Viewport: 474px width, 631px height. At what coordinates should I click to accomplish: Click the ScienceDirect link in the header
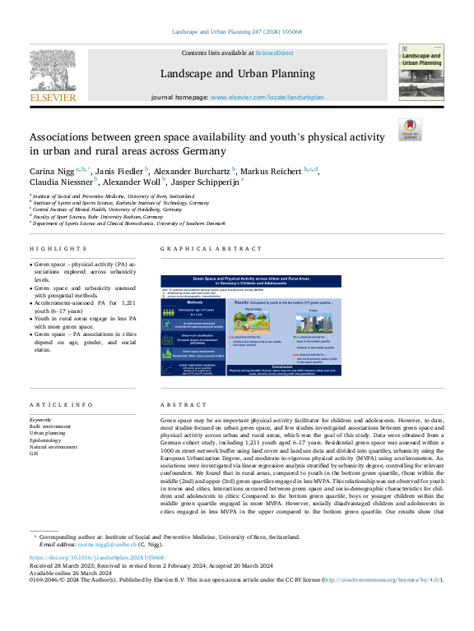(274, 53)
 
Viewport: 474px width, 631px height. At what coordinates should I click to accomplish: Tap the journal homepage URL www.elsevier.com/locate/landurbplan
(267, 97)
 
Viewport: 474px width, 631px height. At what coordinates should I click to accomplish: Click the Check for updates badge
(409, 130)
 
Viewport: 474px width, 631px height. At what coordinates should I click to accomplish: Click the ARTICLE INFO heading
(61, 405)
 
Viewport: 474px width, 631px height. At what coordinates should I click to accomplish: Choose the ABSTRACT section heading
(179, 405)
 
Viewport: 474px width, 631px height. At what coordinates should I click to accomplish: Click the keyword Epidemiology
(46, 436)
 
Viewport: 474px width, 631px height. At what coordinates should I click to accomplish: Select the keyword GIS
(34, 453)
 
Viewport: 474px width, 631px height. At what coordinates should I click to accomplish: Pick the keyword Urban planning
(48, 431)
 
